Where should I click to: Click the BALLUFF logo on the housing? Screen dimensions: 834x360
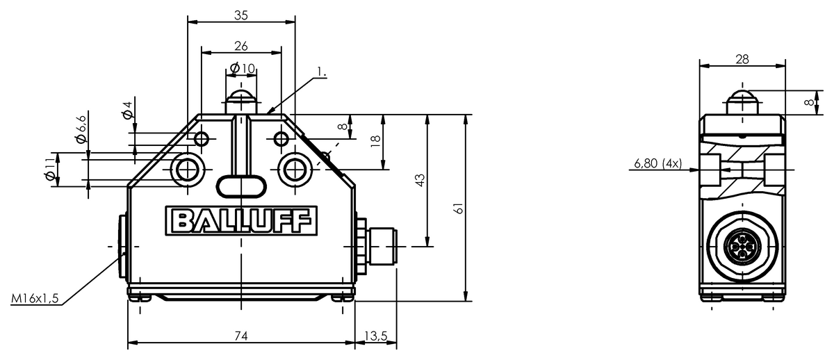coord(241,221)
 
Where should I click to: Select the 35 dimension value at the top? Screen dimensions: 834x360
coord(241,15)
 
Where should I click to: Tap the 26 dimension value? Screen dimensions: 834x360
coord(241,46)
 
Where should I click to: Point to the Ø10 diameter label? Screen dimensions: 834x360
coord(243,68)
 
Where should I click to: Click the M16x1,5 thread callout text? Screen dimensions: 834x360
coord(35,298)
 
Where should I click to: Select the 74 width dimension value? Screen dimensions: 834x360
coord(241,336)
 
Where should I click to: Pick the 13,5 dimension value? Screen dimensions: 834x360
coord(376,336)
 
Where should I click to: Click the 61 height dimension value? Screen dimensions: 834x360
coord(459,208)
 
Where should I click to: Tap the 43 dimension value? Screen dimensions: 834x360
coord(420,180)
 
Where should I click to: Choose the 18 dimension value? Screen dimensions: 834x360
coord(376,140)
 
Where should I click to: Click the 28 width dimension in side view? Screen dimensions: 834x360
coord(742,59)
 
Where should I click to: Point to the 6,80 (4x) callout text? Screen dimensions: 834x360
coord(658,163)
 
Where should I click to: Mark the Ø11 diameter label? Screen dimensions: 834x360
coord(49,170)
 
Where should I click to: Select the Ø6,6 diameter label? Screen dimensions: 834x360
coord(81,129)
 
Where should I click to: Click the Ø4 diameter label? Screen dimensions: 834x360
coord(127,110)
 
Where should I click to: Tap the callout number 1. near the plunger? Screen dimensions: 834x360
coord(321,72)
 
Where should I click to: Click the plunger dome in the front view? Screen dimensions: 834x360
coord(241,96)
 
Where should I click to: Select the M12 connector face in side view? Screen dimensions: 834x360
coord(742,247)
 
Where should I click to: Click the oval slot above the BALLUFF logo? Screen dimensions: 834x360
coord(241,186)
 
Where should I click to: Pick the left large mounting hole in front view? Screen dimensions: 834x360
coord(188,170)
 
